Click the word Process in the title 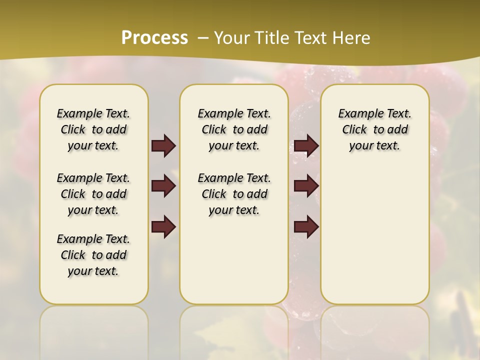pos(154,37)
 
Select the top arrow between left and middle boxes pos(163,145)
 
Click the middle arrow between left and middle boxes pos(163,186)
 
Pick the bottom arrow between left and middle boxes pos(163,226)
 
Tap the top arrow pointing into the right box pos(306,145)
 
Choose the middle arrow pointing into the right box pos(306,186)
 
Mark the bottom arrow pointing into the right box pos(306,226)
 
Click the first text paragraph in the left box pos(93,129)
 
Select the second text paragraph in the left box pos(93,194)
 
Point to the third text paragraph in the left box pos(93,255)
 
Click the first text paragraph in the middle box pos(234,129)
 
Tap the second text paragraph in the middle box pos(234,194)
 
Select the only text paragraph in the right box pos(374,129)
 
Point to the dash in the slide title pos(203,38)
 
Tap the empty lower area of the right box pos(374,235)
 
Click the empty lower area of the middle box pos(234,260)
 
